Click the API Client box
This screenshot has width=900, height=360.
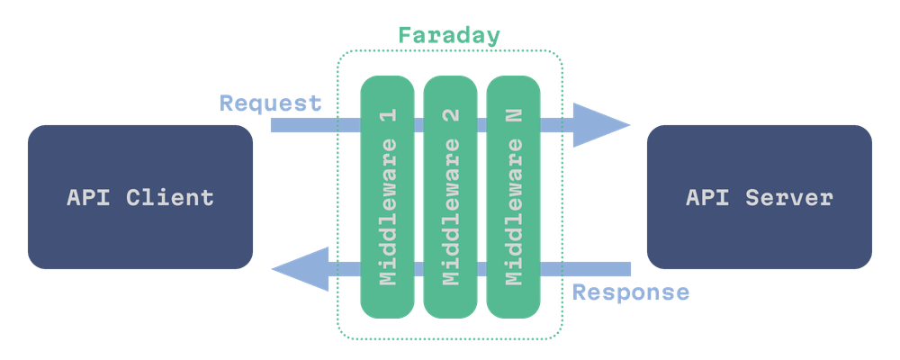(139, 197)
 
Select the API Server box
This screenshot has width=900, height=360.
(759, 197)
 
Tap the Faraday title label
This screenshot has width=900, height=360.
(449, 37)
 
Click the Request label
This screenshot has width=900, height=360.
(271, 103)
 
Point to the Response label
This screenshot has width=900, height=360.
(631, 292)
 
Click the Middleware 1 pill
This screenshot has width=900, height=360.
(388, 197)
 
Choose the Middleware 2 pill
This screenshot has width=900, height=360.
(451, 197)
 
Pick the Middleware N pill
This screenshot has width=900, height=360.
(514, 197)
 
